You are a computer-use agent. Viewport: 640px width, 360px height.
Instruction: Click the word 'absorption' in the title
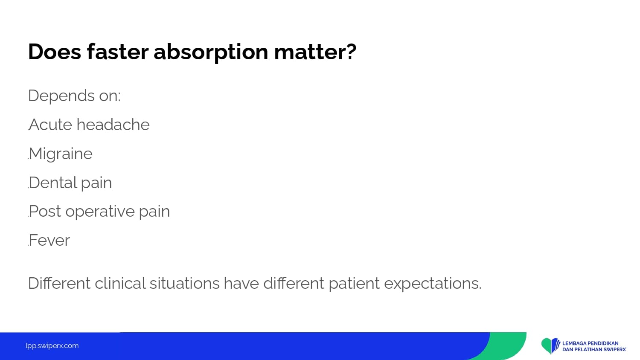click(211, 52)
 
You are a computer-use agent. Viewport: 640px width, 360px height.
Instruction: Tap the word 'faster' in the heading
click(117, 52)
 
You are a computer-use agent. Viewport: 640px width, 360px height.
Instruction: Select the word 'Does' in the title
click(55, 52)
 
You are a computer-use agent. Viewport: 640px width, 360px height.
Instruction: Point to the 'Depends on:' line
click(74, 96)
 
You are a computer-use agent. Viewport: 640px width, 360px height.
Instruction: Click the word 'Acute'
click(51, 125)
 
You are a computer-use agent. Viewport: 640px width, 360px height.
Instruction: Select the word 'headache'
click(113, 125)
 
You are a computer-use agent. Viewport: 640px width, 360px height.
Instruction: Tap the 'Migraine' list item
click(61, 154)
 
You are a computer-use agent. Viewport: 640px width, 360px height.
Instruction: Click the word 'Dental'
click(53, 183)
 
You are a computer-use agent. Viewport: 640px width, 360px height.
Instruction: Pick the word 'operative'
click(100, 212)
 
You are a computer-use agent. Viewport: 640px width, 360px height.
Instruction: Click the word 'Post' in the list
click(45, 212)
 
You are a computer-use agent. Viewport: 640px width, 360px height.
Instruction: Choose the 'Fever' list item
click(49, 240)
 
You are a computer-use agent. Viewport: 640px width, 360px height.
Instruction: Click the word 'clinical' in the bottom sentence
click(120, 283)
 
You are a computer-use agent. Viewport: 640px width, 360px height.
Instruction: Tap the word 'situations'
click(185, 283)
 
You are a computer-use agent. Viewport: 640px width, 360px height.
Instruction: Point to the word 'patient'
click(354, 284)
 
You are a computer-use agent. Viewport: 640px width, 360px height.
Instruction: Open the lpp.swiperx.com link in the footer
click(52, 346)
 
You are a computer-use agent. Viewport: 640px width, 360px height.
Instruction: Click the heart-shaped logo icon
click(551, 345)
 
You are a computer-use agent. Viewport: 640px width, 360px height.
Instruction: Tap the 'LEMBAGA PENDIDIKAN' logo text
click(590, 343)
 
